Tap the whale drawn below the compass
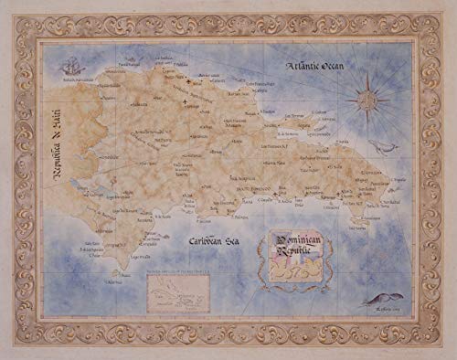384,146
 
